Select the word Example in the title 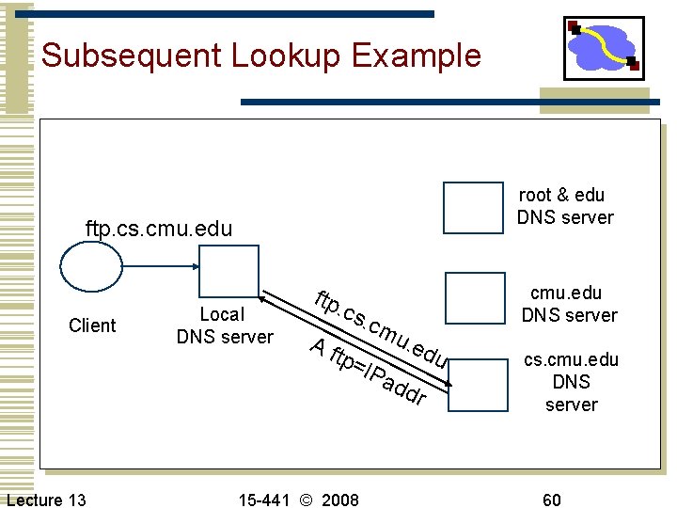(x=419, y=56)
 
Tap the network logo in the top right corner (x=603, y=48)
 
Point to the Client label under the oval (x=92, y=325)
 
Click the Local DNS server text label (x=225, y=325)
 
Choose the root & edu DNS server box (x=473, y=207)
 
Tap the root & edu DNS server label (x=565, y=206)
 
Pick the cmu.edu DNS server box (x=475, y=297)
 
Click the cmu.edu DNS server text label (x=569, y=304)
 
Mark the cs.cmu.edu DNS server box (x=477, y=385)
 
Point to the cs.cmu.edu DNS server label (x=571, y=382)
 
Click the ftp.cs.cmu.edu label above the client (x=158, y=229)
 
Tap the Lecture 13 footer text (x=46, y=499)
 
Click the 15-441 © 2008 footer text (x=297, y=499)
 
